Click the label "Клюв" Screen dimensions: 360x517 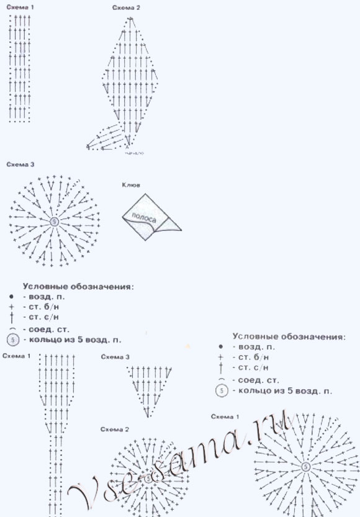tap(133, 184)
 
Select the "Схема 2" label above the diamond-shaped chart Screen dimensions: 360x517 tap(126, 7)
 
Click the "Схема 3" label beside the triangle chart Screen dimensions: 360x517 tap(115, 357)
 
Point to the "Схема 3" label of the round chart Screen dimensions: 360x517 tap(19, 164)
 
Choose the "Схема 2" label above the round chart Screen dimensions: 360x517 tap(115, 429)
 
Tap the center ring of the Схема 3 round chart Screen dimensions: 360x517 tap(54, 221)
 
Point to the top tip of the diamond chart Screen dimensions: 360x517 tap(130, 18)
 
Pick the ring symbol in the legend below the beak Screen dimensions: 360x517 tap(13, 339)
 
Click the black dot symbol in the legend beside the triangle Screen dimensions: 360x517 tap(220, 346)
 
